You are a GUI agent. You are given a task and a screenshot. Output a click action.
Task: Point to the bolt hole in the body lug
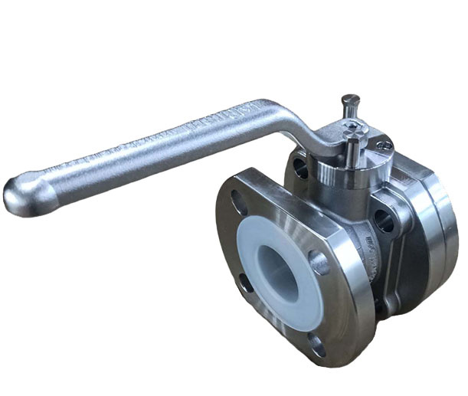click(383, 221)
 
